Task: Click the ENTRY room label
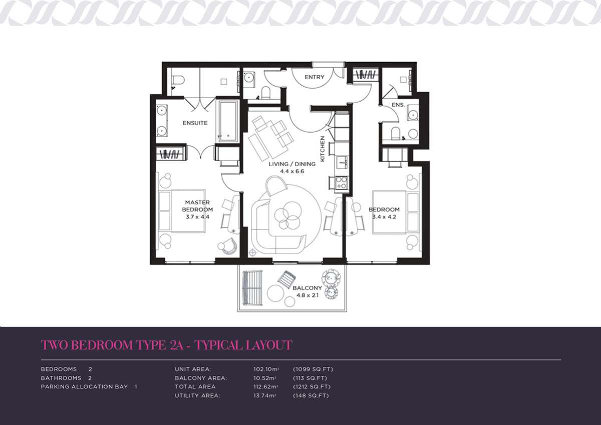pos(314,77)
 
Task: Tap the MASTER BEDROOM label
pos(197,206)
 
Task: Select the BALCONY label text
pos(307,288)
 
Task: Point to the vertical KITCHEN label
pos(323,149)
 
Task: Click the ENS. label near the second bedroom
pos(398,105)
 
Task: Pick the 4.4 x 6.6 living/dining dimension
pos(292,171)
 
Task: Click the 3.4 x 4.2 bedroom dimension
pos(384,217)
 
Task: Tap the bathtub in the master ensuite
pos(228,121)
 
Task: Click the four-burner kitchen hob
pos(341,183)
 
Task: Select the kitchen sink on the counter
pos(342,163)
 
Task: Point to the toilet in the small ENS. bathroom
pos(396,133)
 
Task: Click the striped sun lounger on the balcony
pos(252,288)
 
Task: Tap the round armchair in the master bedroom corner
pos(228,246)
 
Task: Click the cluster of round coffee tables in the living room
pos(287,215)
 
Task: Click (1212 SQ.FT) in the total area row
pos(312,386)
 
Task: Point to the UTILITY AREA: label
pos(197,395)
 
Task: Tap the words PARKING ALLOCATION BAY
pos(84,386)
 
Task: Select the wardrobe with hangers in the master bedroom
pos(171,154)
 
